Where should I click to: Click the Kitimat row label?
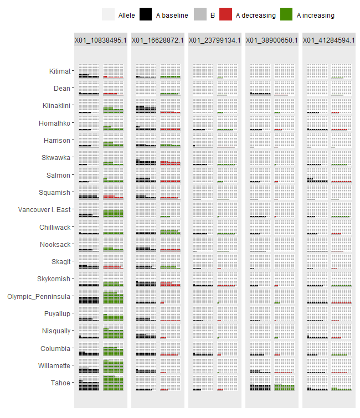pos(59,71)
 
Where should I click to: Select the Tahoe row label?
pos(60,383)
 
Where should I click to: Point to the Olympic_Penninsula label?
pos(39,297)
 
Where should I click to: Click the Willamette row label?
pos(55,366)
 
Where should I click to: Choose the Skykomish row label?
pos(54,279)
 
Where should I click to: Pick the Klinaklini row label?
pos(56,106)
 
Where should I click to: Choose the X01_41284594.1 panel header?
pos(328,40)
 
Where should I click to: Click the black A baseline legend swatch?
pos(146,15)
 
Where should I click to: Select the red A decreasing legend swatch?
pos(226,15)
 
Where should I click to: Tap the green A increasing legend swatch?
pos(287,15)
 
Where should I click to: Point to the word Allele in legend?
pos(127,16)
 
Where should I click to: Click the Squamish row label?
pos(55,193)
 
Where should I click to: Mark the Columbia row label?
pos(55,349)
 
